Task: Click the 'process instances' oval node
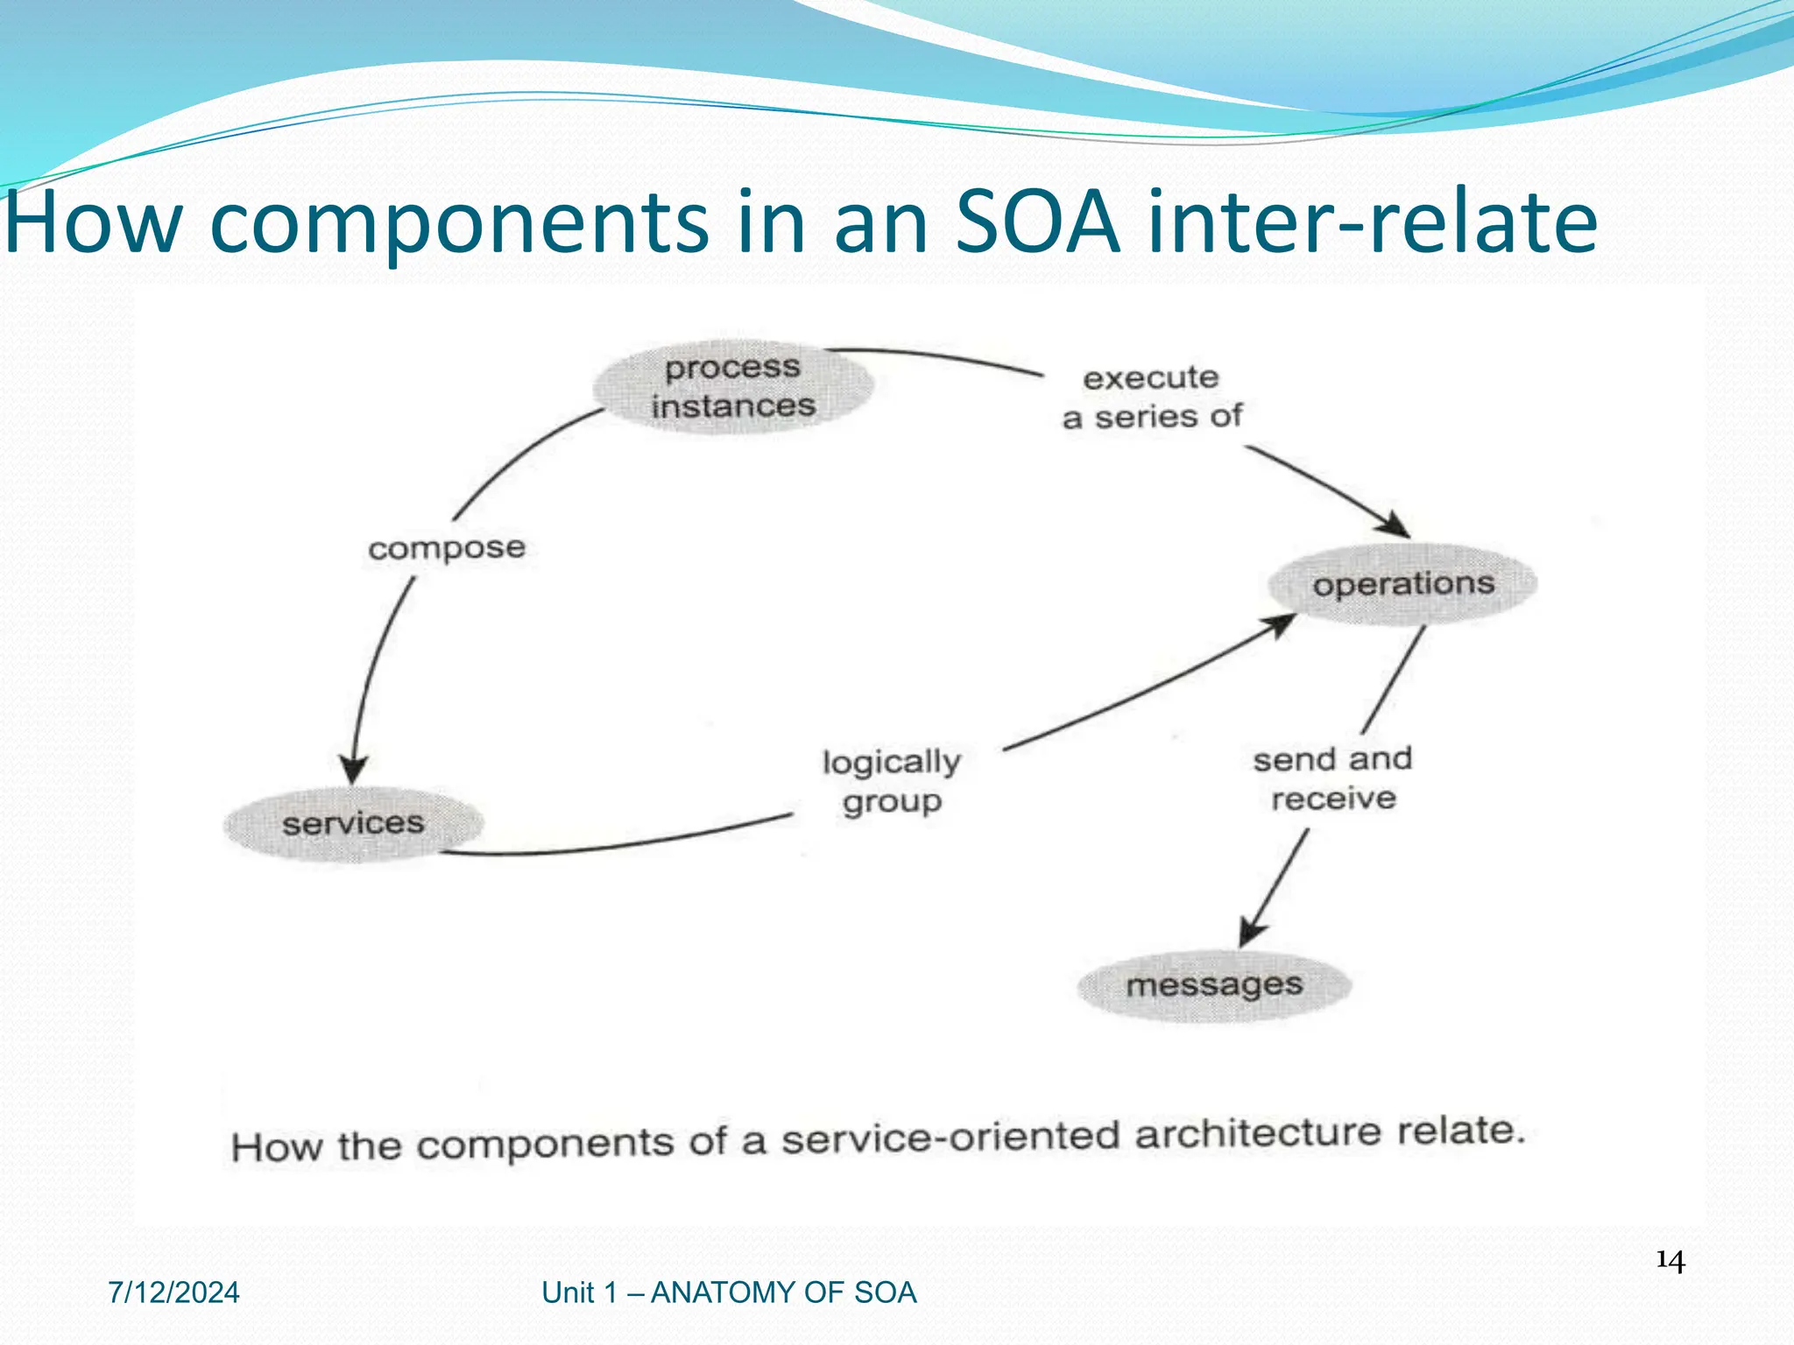point(733,386)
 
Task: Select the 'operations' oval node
point(1402,584)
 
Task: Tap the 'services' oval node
point(353,823)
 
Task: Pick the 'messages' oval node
point(1214,985)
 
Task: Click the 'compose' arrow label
point(447,549)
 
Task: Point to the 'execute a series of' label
point(1151,398)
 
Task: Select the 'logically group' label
point(892,781)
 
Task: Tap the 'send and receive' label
point(1332,778)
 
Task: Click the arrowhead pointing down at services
point(353,770)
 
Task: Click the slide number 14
point(1670,1262)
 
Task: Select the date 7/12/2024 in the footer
point(173,1292)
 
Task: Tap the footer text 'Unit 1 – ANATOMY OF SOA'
point(729,1292)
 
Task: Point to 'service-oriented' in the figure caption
point(950,1138)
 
